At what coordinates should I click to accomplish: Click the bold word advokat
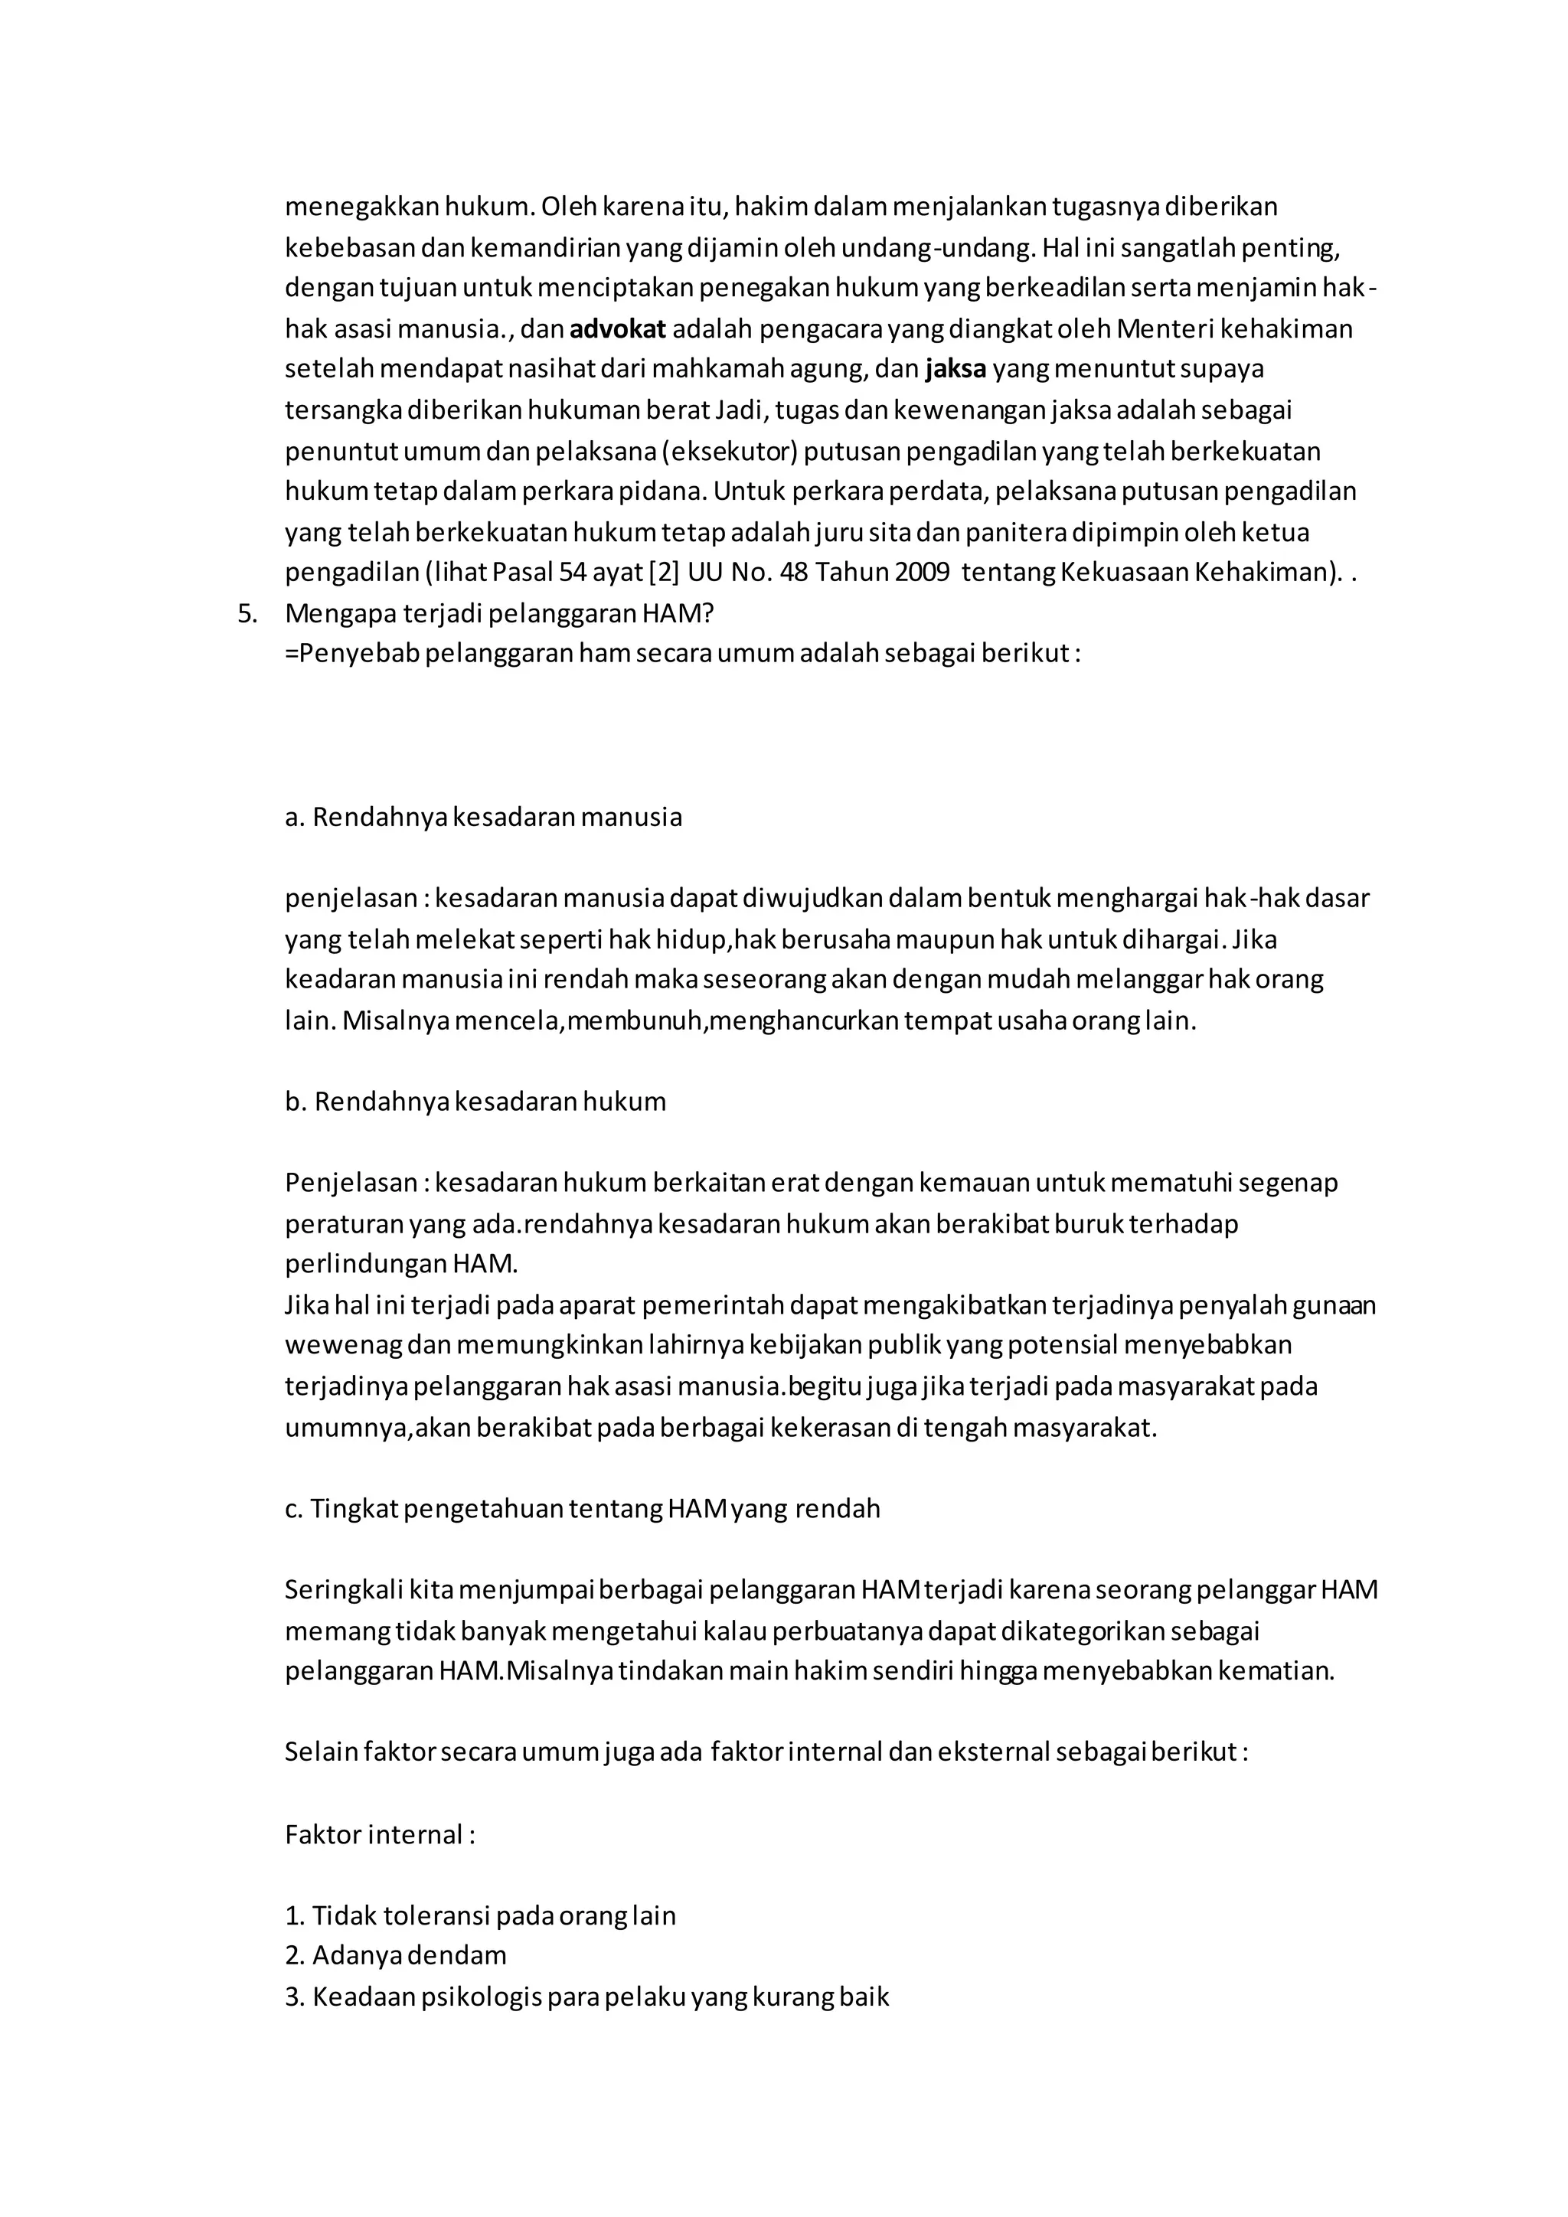[x=617, y=329]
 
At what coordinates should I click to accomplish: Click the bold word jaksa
[x=955, y=369]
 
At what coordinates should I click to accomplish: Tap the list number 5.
[x=247, y=613]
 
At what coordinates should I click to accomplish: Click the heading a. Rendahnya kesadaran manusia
[x=483, y=817]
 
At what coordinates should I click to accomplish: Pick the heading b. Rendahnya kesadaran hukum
[x=475, y=1102]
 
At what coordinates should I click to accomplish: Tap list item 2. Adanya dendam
[x=395, y=1956]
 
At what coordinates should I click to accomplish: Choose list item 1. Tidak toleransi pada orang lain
[x=480, y=1915]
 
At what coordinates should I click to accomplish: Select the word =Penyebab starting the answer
[x=351, y=654]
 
